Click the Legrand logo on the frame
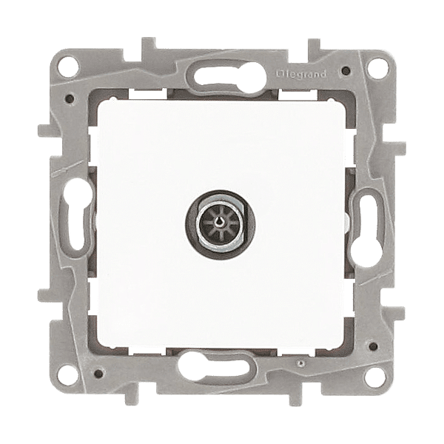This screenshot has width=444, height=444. pos(301,75)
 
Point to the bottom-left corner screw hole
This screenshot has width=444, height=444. pos(69,377)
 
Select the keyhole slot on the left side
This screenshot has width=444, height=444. pos(76,213)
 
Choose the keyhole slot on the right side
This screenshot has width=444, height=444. pos(366,229)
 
